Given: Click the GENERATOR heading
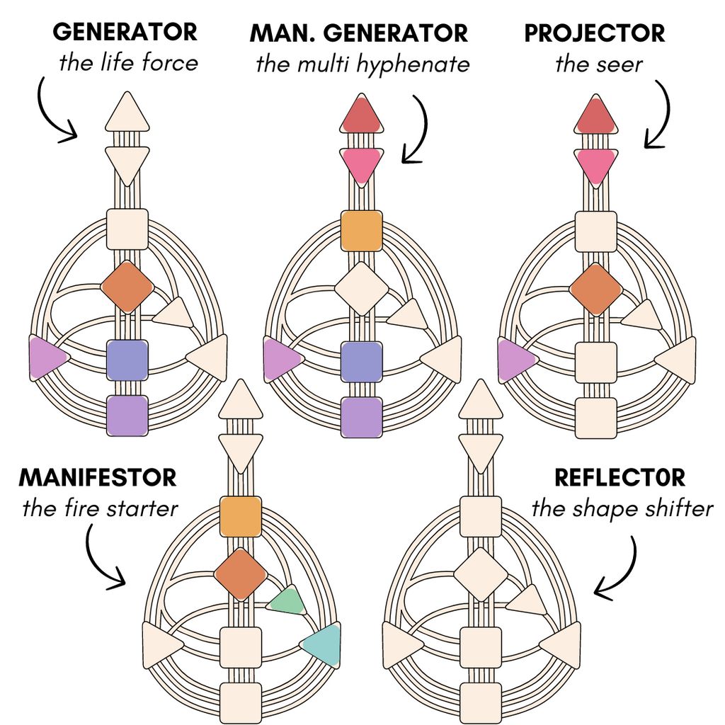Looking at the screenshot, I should click(x=125, y=32).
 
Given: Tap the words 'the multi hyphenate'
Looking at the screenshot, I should click(x=362, y=64).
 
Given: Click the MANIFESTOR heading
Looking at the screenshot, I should click(x=97, y=477).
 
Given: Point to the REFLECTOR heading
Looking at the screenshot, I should click(x=620, y=477).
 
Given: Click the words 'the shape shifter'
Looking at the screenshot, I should click(x=622, y=508).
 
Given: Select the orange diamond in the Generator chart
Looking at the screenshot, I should click(x=127, y=286).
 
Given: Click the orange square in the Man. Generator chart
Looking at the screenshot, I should click(x=361, y=231).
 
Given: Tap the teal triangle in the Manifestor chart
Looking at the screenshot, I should click(x=323, y=644).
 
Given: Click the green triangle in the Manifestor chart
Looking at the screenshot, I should click(x=289, y=601).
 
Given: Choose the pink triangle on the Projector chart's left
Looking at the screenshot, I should click(x=515, y=360).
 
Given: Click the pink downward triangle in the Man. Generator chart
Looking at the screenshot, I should click(x=362, y=164).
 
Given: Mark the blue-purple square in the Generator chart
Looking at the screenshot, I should click(x=127, y=360).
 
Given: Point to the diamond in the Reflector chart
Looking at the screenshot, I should click(x=481, y=574).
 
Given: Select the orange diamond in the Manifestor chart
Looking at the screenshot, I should click(x=241, y=574).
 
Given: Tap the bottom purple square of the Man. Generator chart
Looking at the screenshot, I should click(x=361, y=416).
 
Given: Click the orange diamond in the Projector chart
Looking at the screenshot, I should click(x=596, y=289).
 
